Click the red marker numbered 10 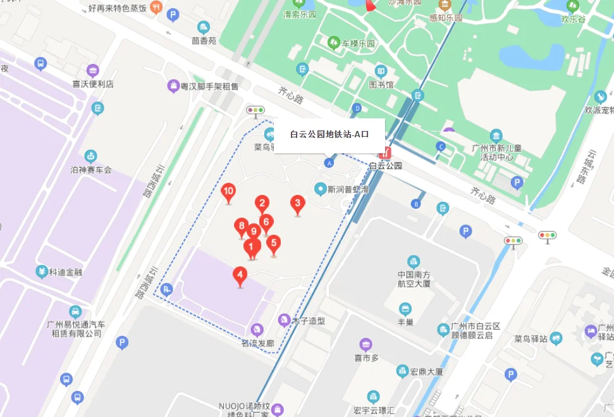tap(229, 192)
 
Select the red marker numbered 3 tap(297, 204)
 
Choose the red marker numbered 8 tap(240, 226)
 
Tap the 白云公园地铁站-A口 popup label tap(329, 135)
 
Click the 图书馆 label tap(381, 84)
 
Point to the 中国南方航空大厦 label tap(414, 280)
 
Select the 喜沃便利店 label tap(93, 84)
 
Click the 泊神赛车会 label tap(91, 170)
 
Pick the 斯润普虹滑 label tap(347, 189)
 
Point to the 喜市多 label tap(366, 358)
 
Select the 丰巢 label tap(406, 323)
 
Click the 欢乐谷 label tap(574, 19)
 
